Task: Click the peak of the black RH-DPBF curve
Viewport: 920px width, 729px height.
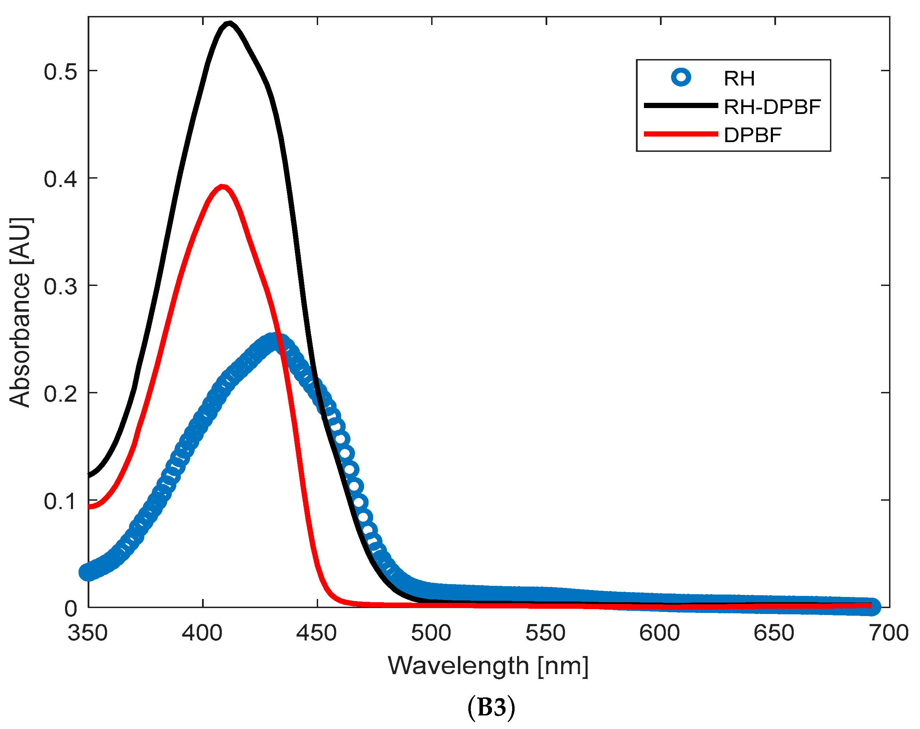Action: tap(229, 24)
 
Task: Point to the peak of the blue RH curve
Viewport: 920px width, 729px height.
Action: tap(273, 342)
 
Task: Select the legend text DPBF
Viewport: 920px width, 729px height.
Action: tap(753, 135)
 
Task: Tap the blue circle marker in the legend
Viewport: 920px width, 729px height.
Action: tap(681, 77)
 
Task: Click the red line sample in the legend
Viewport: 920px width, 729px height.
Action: tap(681, 134)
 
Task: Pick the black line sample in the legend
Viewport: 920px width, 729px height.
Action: tap(681, 105)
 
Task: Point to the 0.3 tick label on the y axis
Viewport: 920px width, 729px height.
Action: tap(60, 287)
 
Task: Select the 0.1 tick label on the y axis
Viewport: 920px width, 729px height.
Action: tap(60, 501)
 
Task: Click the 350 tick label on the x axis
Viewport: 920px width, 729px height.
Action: tap(88, 633)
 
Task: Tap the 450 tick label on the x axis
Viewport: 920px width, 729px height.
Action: tap(317, 633)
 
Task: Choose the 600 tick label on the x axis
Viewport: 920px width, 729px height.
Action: tap(660, 633)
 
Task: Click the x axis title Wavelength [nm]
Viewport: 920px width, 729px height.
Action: tap(488, 666)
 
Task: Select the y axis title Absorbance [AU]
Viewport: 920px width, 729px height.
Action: tap(21, 312)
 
